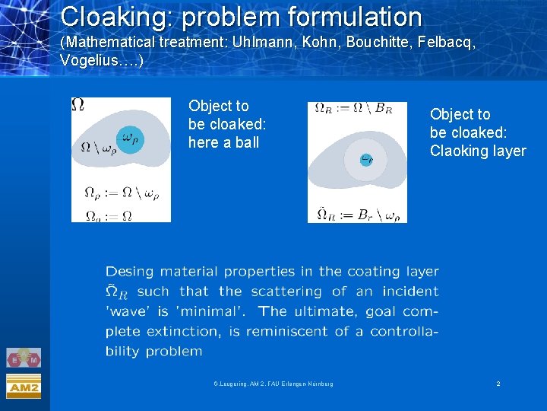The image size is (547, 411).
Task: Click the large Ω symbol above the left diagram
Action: [77, 105]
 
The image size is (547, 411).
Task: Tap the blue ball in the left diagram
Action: [131, 139]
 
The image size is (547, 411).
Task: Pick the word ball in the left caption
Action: [247, 142]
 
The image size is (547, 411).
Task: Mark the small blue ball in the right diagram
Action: [366, 160]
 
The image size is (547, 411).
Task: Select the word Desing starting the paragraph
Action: [129, 272]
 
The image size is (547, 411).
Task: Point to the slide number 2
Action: [498, 384]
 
